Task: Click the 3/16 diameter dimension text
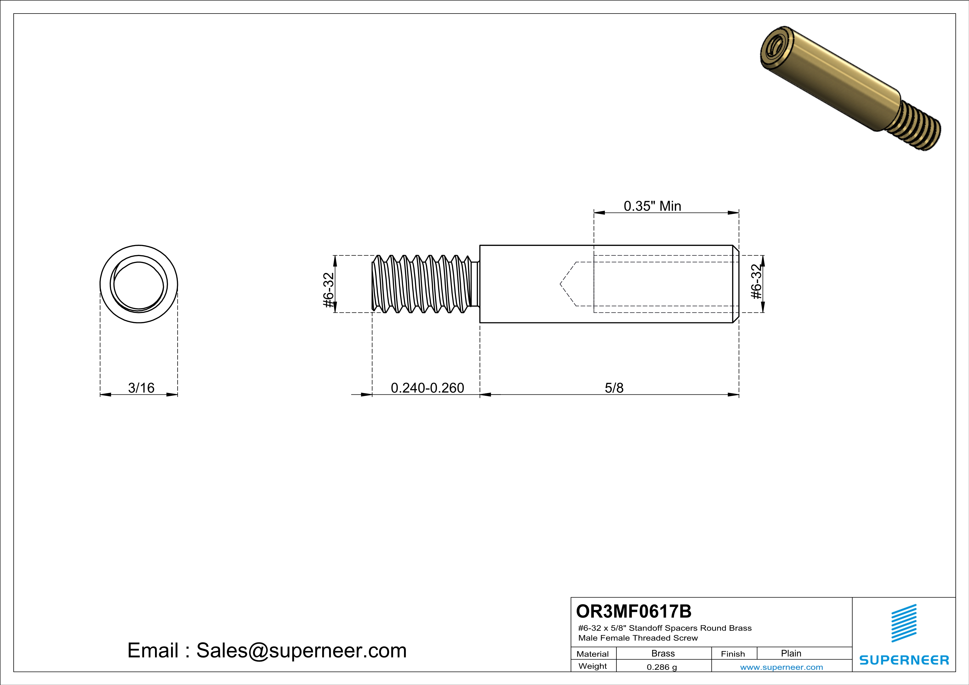coord(141,388)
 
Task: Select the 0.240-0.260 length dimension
coord(427,388)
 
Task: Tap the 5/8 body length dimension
coord(614,388)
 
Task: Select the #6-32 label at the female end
coord(757,281)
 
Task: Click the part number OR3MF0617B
coord(634,611)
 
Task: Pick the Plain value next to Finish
coord(791,653)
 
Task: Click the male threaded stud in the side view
coord(422,284)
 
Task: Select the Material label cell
coord(593,654)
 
